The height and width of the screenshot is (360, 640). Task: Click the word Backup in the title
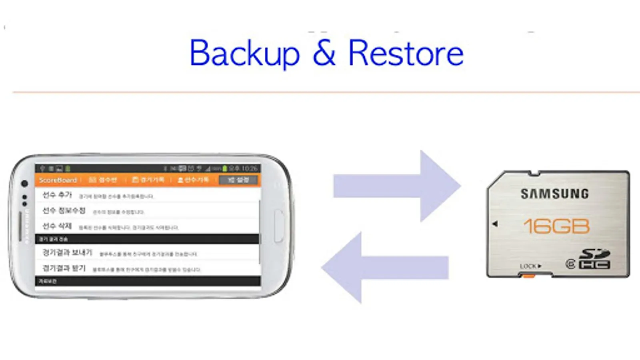click(x=244, y=53)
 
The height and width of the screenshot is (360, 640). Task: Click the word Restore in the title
click(x=406, y=53)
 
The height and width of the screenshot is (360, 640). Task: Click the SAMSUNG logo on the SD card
click(x=554, y=194)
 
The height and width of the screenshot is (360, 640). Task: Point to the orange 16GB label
click(x=556, y=226)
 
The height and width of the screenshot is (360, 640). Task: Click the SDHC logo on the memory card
click(x=595, y=259)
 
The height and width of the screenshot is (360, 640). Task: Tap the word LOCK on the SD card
click(x=528, y=266)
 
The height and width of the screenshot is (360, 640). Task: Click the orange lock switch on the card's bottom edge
click(x=528, y=276)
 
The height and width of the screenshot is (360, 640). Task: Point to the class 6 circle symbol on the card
click(x=570, y=264)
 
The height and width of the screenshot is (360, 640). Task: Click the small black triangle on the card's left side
click(x=495, y=224)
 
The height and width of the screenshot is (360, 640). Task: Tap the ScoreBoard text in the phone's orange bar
click(x=58, y=180)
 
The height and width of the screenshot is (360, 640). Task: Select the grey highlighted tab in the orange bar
click(x=238, y=180)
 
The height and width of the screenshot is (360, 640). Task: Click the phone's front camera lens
click(x=24, y=184)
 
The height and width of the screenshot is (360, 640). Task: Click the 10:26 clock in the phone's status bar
click(x=249, y=168)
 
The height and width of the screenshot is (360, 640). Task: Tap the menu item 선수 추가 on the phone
click(x=57, y=195)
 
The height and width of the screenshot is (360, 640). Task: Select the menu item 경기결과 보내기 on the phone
click(x=67, y=252)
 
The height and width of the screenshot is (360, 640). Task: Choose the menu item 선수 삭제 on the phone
click(x=57, y=226)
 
